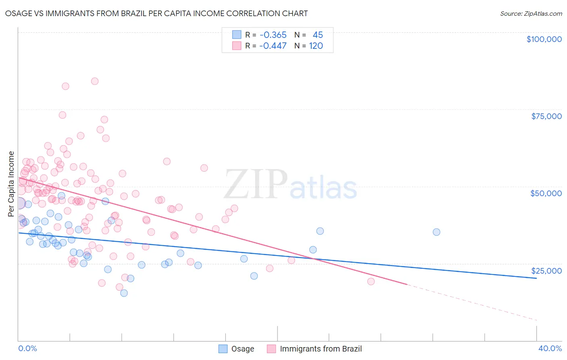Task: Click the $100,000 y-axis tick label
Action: click(544, 39)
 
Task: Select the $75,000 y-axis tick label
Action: click(546, 116)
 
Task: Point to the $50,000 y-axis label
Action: click(546, 193)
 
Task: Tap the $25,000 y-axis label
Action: click(546, 271)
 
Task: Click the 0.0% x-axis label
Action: click(27, 348)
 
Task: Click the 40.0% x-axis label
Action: click(550, 348)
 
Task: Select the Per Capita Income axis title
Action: click(11, 184)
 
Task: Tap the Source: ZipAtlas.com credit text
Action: click(531, 14)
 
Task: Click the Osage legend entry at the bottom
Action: click(242, 349)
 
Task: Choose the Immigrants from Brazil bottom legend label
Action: click(321, 349)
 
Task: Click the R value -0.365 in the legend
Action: click(273, 35)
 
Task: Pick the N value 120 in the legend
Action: click(316, 46)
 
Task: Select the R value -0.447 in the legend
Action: click(273, 46)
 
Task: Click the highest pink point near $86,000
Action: click(95, 81)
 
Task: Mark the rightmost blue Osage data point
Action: click(436, 232)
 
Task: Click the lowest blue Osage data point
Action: click(124, 293)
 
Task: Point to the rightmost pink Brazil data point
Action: click(371, 282)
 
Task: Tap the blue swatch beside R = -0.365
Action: click(237, 35)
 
